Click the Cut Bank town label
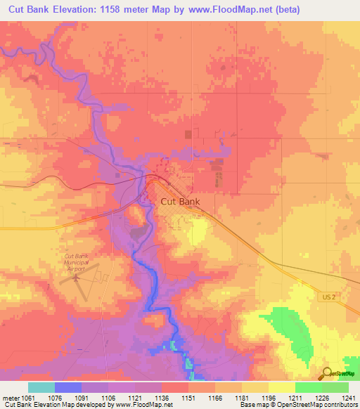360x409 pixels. [180, 202]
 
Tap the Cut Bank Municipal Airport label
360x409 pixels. [78, 262]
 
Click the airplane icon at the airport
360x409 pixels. [75, 278]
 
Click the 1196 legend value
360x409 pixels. [269, 398]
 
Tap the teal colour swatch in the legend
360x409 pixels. [41, 387]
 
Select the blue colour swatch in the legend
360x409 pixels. [67, 387]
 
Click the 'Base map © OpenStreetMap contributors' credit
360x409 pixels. [296, 405]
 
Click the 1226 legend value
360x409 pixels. [321, 398]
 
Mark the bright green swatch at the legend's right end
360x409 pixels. [335, 387]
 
